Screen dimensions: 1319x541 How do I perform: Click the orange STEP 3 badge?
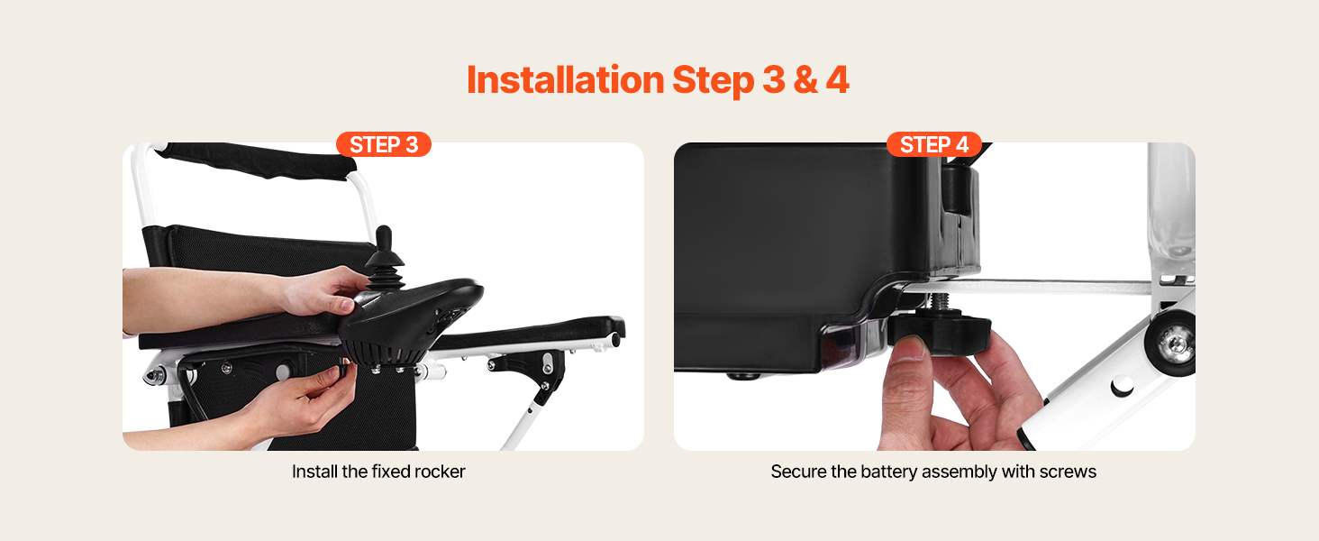click(x=383, y=144)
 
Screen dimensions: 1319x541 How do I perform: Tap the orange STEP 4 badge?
click(x=934, y=144)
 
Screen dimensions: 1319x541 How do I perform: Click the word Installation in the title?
click(x=565, y=79)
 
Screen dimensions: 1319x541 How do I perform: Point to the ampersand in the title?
click(x=805, y=80)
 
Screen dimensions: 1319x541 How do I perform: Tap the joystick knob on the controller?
click(x=384, y=239)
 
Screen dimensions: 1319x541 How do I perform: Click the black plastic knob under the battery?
click(x=939, y=334)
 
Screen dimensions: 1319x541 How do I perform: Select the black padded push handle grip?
click(x=256, y=158)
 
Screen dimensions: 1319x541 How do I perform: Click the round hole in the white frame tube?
click(x=1121, y=386)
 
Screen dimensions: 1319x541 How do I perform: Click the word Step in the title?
click(x=713, y=81)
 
